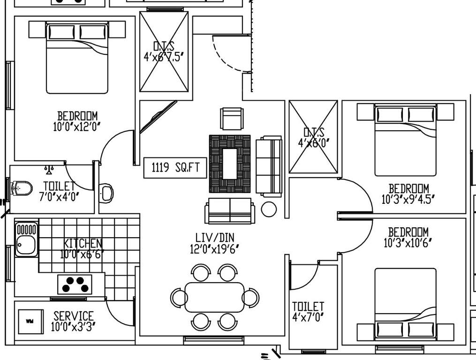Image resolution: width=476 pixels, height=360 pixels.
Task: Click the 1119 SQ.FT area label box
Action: click(175, 167)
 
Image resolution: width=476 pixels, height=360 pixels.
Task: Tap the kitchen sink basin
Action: click(26, 245)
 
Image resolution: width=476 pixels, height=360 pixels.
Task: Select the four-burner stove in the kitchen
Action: click(75, 284)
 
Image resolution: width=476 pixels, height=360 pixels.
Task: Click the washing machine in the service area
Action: click(30, 322)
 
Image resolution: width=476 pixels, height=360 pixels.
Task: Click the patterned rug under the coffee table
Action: click(230, 164)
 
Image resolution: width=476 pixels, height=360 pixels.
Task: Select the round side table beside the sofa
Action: click(269, 209)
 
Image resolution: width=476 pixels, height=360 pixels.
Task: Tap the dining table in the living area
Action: click(215, 297)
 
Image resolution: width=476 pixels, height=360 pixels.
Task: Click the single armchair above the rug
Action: click(232, 119)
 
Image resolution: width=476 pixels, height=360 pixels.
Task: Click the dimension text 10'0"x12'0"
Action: click(77, 126)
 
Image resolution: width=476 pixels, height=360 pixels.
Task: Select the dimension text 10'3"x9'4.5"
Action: click(408, 199)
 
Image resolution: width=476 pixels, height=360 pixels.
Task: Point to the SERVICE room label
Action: click(74, 316)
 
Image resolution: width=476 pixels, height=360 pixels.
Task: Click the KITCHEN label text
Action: click(83, 243)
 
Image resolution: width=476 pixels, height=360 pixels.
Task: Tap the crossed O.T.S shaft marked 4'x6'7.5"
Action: click(164, 52)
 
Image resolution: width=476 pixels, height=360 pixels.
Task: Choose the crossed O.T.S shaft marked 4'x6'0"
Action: click(313, 137)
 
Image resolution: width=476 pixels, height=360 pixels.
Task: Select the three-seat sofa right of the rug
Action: click(269, 166)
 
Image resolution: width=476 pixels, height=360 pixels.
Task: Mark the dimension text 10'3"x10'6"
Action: click(408, 242)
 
